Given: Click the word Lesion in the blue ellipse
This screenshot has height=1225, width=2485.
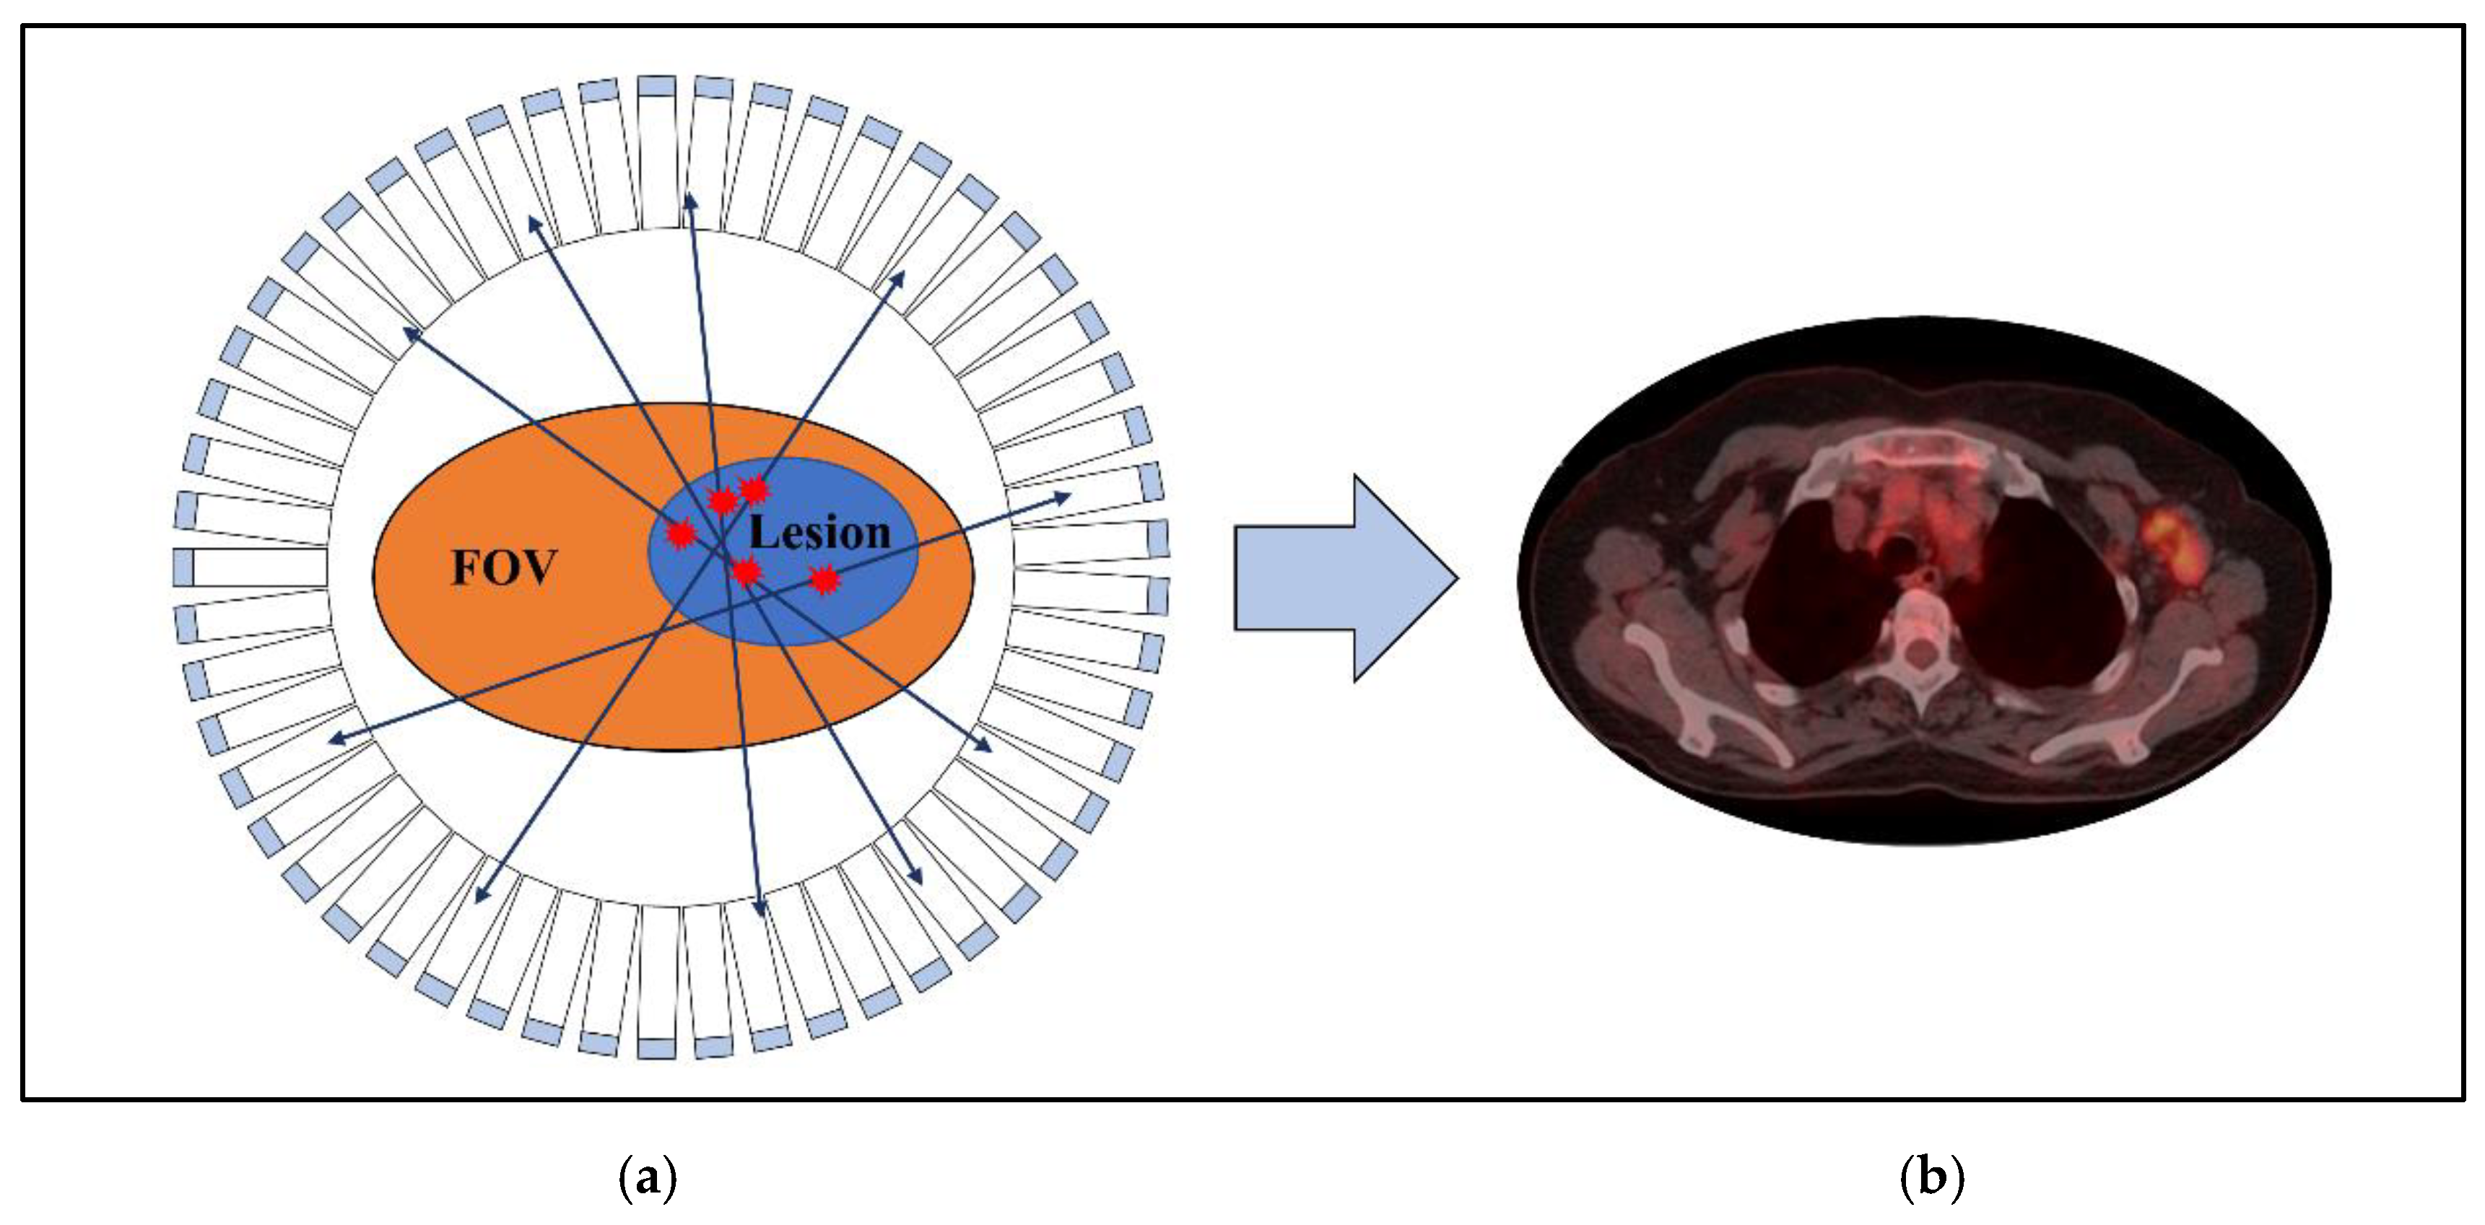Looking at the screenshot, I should (x=819, y=533).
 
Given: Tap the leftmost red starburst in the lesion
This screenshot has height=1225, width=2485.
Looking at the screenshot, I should (x=681, y=533).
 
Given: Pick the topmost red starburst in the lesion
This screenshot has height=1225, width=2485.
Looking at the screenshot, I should (x=752, y=490).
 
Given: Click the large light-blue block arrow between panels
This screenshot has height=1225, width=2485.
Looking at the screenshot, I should (x=1345, y=579).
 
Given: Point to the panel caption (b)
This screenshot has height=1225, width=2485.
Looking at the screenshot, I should (x=1931, y=1178).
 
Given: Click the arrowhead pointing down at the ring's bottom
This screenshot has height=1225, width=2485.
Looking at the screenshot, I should (x=760, y=907).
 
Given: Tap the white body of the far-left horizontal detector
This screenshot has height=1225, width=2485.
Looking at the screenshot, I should (x=258, y=567).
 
